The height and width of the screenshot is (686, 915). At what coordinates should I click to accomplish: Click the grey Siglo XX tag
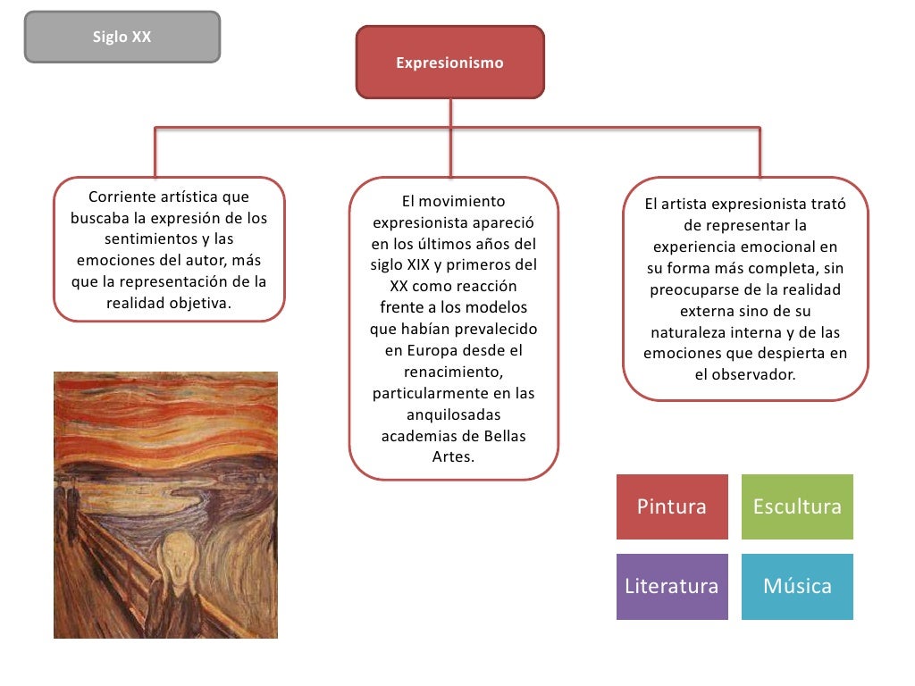[x=122, y=37]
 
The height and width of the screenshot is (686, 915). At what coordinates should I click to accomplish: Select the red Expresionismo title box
[x=449, y=63]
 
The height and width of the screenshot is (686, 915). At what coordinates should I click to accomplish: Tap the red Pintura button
[x=672, y=506]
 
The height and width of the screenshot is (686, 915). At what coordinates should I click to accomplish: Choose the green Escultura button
[x=797, y=506]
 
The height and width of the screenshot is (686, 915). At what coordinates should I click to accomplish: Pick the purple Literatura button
[x=672, y=586]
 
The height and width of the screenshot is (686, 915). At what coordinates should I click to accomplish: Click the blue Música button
[x=797, y=586]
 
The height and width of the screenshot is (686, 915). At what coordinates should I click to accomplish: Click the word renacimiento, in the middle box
[x=453, y=372]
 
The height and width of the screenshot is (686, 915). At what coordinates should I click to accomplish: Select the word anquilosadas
[x=453, y=414]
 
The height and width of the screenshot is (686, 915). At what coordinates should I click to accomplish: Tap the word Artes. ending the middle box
[x=453, y=456]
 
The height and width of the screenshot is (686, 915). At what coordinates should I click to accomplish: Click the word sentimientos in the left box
[x=148, y=239]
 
